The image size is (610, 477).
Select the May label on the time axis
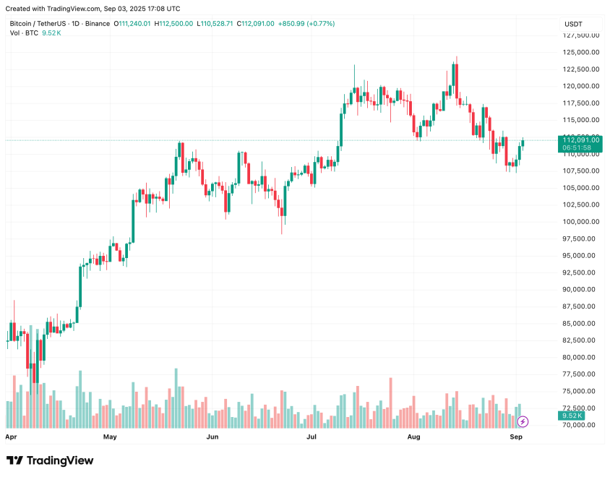pos(110,437)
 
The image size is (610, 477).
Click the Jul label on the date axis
pos(312,437)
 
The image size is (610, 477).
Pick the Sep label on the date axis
pos(516,437)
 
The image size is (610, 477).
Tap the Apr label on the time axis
pos(11,437)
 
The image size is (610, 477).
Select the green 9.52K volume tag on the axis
pos(571,416)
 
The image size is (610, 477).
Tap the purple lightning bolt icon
pos(523,421)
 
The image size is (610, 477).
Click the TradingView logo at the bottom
pos(50,460)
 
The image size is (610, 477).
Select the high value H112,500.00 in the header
pos(173,24)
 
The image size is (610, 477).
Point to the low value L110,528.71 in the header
pos(215,24)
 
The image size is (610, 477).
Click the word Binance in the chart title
pos(96,24)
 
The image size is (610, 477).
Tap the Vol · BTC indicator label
pos(24,33)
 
